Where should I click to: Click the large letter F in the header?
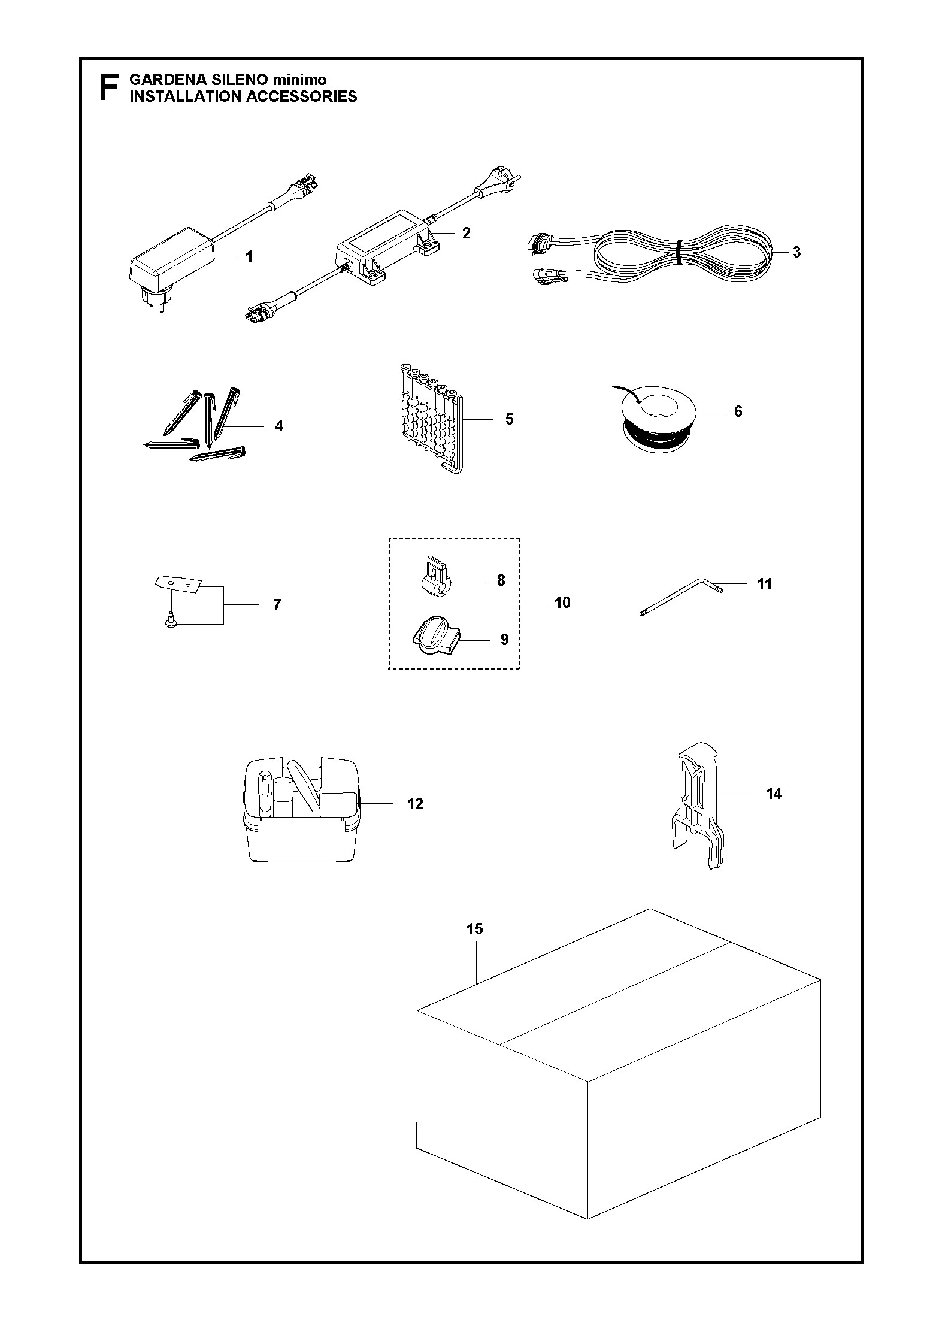pyautogui.click(x=108, y=88)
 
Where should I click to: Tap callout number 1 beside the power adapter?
pyautogui.click(x=249, y=256)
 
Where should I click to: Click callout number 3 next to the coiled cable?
pyautogui.click(x=796, y=252)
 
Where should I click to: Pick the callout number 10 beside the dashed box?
pyautogui.click(x=562, y=603)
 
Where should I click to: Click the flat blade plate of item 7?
pyautogui.click(x=178, y=582)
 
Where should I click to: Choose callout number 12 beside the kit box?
pyautogui.click(x=415, y=804)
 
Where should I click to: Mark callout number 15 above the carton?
pyautogui.click(x=474, y=929)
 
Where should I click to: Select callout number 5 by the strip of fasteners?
pyautogui.click(x=509, y=419)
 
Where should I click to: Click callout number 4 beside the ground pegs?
pyautogui.click(x=279, y=426)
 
